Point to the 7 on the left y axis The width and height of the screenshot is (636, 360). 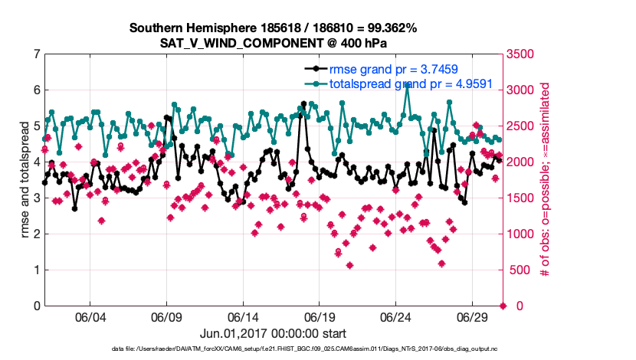coord(36,54)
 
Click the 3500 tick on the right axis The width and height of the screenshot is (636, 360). coord(523,54)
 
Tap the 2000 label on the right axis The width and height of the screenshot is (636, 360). coord(523,162)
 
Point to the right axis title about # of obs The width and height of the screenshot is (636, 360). coord(546,180)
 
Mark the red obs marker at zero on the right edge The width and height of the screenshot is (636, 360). coord(503,306)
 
